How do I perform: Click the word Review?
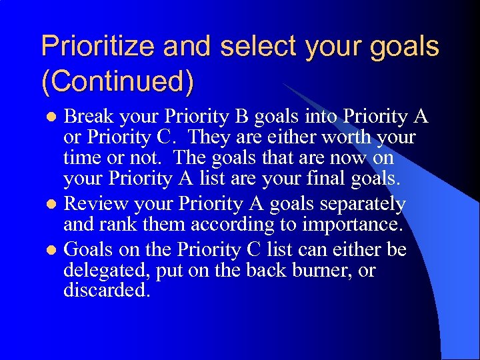point(92,204)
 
